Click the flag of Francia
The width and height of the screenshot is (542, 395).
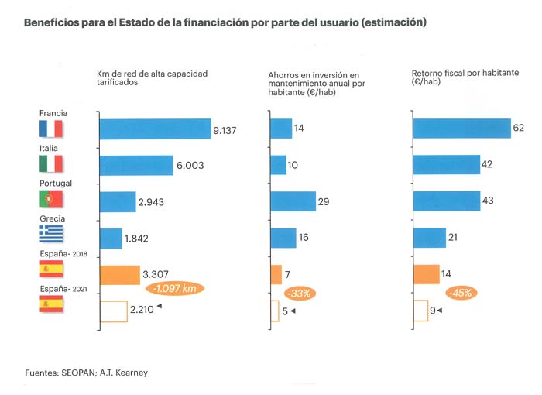[51, 129]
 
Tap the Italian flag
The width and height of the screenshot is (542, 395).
[51, 164]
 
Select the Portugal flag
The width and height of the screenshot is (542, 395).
[51, 199]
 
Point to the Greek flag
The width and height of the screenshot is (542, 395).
[51, 235]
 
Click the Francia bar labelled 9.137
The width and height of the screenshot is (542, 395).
[154, 129]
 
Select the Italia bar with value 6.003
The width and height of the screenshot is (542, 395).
[135, 164]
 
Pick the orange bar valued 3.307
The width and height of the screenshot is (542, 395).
[118, 274]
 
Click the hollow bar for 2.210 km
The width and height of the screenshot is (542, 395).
[113, 311]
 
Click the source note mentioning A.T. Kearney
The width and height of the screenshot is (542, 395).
[86, 373]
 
